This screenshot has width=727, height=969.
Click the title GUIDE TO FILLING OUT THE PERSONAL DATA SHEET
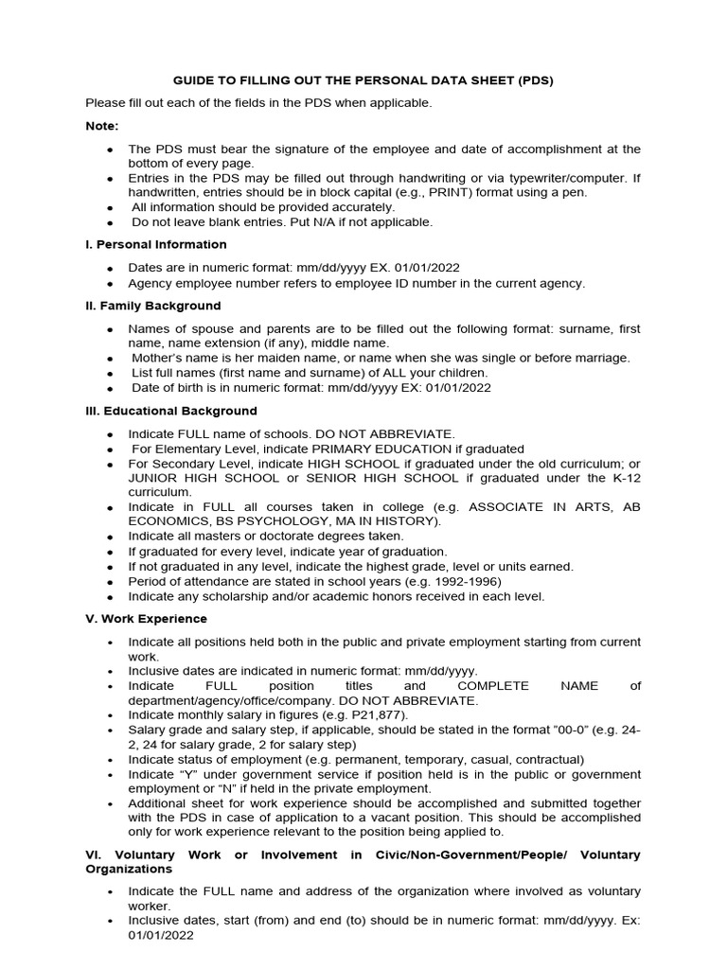click(363, 80)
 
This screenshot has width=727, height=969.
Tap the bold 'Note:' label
click(102, 126)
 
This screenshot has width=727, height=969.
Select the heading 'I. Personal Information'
click(156, 244)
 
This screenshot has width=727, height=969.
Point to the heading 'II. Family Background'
click(152, 306)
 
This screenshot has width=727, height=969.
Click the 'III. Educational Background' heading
click(170, 411)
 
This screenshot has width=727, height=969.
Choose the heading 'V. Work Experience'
click(146, 619)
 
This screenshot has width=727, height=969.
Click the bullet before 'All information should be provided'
click(111, 207)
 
